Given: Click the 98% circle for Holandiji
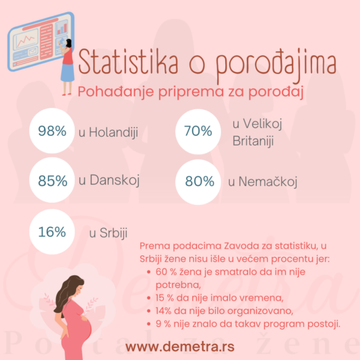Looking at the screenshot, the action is click(x=52, y=131).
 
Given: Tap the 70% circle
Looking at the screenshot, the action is click(x=198, y=131).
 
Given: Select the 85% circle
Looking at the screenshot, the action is click(x=52, y=180).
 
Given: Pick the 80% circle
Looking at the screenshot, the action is click(x=198, y=182).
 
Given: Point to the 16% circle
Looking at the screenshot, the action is click(x=52, y=232).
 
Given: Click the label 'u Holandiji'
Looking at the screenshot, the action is click(x=109, y=133).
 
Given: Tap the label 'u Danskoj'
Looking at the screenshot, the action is click(x=109, y=180).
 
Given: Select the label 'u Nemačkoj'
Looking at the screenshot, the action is click(x=263, y=182).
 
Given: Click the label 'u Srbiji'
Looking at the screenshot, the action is click(x=108, y=233).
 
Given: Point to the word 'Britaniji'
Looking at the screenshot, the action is click(x=253, y=141).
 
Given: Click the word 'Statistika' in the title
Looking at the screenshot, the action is click(x=128, y=62).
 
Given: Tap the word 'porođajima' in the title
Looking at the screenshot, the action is click(x=276, y=65).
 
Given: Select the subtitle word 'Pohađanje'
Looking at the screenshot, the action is click(x=116, y=92).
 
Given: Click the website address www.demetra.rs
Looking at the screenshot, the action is click(x=180, y=347).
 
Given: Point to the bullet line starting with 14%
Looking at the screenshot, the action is click(x=224, y=311).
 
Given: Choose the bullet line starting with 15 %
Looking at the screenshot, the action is click(x=220, y=298).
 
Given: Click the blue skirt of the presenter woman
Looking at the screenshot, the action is click(x=67, y=73).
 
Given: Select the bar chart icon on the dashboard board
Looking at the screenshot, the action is click(x=62, y=28).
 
